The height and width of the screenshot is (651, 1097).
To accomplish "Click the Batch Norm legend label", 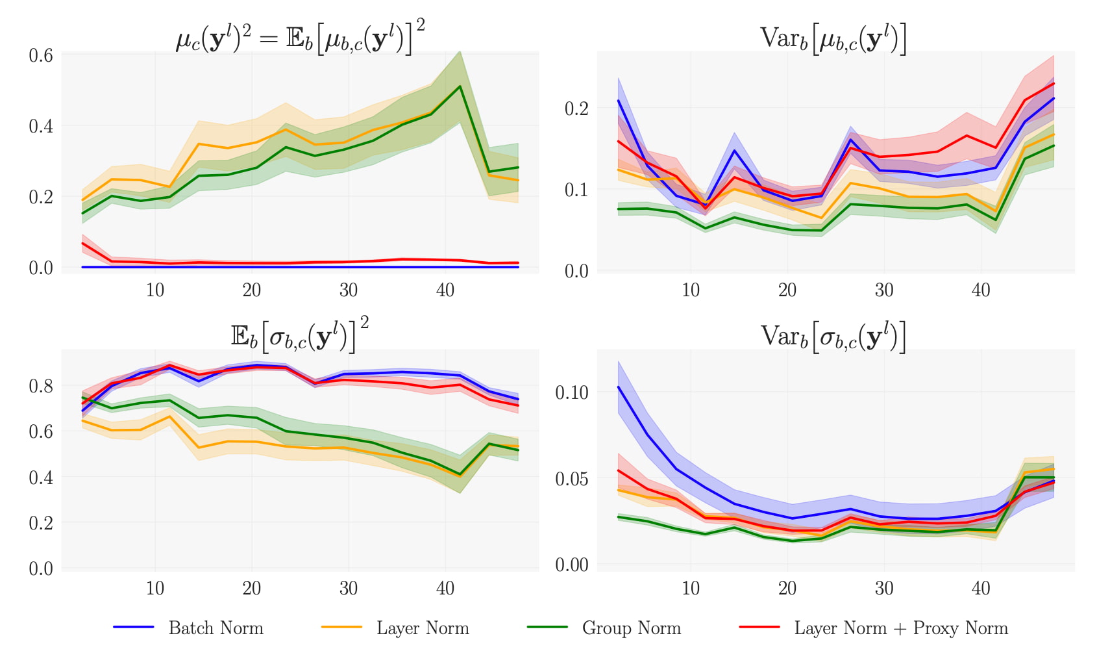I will [216, 628].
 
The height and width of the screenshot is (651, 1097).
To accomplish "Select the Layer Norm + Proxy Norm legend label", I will [901, 628].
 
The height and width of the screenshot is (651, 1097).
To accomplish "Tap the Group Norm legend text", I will [631, 628].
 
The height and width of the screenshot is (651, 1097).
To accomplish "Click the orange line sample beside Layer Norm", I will [341, 627].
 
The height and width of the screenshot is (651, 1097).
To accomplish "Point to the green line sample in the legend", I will [547, 627].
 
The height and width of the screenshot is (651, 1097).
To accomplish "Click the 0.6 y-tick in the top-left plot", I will [40, 55].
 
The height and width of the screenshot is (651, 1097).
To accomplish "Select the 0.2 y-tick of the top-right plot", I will [576, 108].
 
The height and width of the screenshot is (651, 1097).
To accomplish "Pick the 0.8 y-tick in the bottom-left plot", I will [40, 386].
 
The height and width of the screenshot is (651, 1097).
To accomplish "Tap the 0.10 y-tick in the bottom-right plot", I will [571, 392].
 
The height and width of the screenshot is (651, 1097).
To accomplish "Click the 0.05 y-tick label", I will [571, 479].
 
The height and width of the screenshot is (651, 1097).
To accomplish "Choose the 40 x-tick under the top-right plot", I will [980, 290].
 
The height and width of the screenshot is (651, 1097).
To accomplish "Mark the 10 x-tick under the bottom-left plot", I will [155, 589].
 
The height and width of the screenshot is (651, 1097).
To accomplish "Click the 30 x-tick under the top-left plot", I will [349, 290].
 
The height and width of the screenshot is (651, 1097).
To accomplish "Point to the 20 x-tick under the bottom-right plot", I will [787, 589].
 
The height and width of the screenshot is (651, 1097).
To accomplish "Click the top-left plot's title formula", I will [301, 38].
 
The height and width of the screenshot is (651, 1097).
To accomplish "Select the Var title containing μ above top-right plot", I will [833, 39].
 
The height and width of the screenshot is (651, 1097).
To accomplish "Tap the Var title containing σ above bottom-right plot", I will [833, 337].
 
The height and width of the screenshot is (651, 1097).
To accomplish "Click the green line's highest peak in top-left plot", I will [460, 86].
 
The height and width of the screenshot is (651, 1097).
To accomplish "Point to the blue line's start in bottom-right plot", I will [619, 387].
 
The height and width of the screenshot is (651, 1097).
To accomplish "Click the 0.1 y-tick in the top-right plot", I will [576, 190].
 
